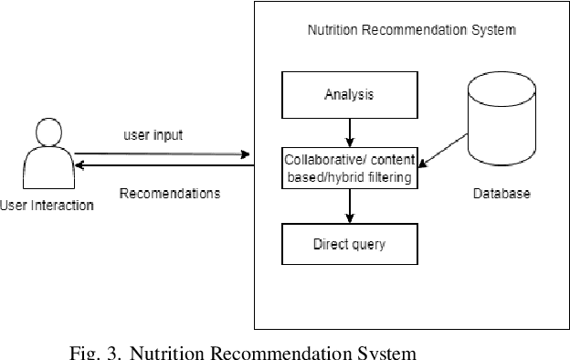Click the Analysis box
tap(348, 94)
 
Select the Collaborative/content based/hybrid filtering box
tap(350, 168)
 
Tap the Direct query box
tap(348, 245)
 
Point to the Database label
tap(501, 195)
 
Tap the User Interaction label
tap(47, 205)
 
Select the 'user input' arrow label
tap(153, 135)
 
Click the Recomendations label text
tap(170, 194)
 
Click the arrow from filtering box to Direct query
tap(349, 206)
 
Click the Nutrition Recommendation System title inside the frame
tap(412, 30)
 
